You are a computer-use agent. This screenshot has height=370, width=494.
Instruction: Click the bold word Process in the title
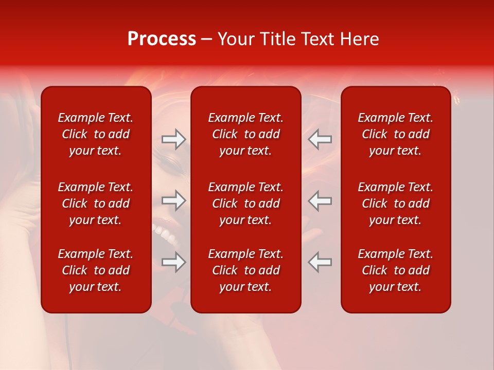[x=162, y=39]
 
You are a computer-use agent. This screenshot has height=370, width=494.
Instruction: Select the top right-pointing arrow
[x=173, y=139]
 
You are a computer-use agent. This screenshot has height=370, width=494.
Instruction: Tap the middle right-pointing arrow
[x=173, y=200]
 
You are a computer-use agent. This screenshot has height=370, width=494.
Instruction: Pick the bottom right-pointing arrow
[x=173, y=262]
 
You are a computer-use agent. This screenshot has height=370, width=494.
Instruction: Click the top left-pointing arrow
[x=320, y=139]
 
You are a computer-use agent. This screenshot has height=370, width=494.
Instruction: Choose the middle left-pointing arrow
[x=320, y=200]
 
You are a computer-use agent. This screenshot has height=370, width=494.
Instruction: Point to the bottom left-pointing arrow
[x=320, y=262]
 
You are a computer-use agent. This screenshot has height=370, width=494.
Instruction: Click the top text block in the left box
[x=96, y=134]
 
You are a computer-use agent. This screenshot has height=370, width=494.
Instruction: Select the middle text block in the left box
[x=96, y=203]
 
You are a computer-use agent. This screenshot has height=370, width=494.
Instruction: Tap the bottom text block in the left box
[x=96, y=270]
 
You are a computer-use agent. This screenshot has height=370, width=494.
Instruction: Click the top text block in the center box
[x=245, y=134]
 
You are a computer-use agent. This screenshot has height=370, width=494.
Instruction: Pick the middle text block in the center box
[x=245, y=203]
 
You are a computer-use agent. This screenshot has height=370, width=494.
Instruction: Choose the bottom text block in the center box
[x=245, y=270]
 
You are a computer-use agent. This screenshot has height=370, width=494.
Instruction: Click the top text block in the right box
[x=395, y=134]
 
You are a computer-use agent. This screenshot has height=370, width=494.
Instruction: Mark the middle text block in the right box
[x=395, y=203]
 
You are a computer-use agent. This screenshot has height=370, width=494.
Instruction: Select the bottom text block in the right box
[x=395, y=270]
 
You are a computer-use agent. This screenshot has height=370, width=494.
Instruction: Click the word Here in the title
[x=360, y=39]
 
